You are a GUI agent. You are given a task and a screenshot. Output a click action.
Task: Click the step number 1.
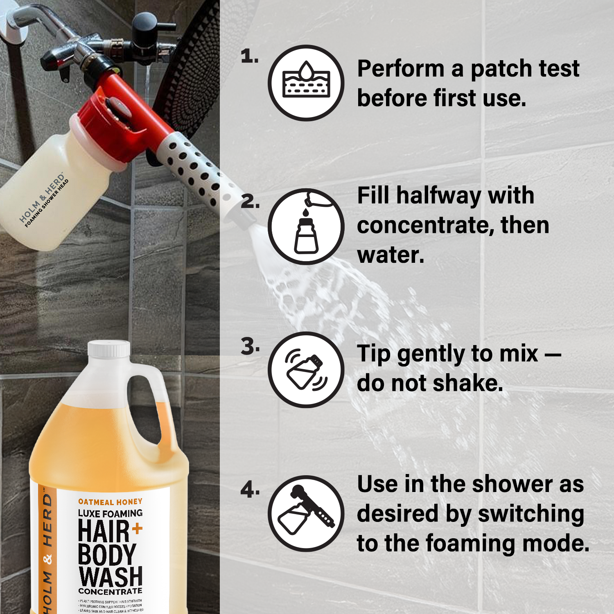pyautogui.click(x=249, y=56)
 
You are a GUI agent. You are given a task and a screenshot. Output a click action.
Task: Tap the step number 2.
pyautogui.click(x=250, y=202)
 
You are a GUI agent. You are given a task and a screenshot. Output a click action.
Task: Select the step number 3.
pyautogui.click(x=250, y=347)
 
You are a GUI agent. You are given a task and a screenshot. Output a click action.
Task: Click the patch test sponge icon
pyautogui.click(x=306, y=83)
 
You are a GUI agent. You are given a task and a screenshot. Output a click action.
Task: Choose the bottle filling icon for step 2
pyautogui.click(x=306, y=226)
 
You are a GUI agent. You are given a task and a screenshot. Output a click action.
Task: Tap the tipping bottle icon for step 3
pyautogui.click(x=306, y=370)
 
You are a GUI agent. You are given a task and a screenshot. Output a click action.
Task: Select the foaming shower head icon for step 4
pyautogui.click(x=306, y=513)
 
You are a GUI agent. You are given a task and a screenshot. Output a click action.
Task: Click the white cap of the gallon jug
pyautogui.click(x=109, y=349)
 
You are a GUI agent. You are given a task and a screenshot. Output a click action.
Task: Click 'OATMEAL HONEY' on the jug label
pyautogui.click(x=110, y=502)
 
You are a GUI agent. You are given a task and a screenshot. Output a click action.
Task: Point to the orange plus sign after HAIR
pyautogui.click(x=137, y=528)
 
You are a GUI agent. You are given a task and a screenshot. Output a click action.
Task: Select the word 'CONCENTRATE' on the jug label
pyautogui.click(x=110, y=591)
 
